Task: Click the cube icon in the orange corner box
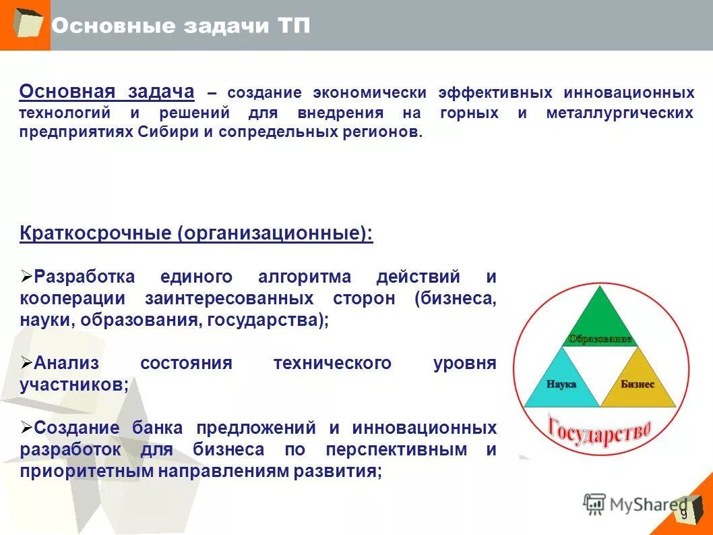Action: point(26,24)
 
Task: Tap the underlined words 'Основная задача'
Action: point(106,92)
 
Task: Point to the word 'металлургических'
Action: point(619,113)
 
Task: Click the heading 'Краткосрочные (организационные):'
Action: point(196,234)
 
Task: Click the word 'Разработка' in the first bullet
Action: point(85,277)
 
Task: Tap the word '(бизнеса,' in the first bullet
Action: point(456,298)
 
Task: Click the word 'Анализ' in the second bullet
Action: point(67,363)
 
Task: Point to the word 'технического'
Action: point(332,363)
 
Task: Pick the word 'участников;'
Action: point(74,385)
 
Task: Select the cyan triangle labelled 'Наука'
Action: point(561,385)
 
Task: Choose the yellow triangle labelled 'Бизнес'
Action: point(637,385)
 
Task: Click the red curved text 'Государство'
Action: point(599,430)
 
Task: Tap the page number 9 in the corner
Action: point(683,515)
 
